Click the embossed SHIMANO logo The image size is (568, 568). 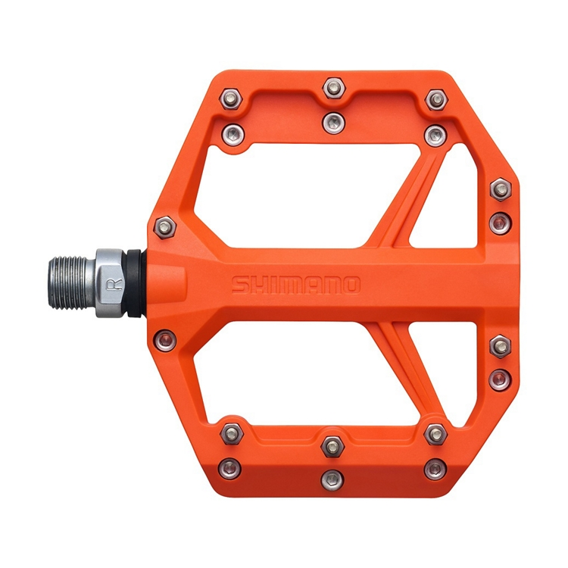click(x=295, y=285)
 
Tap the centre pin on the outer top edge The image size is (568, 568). click(x=332, y=87)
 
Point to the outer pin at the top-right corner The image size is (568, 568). click(x=434, y=99)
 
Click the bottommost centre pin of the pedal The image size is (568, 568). click(x=331, y=478)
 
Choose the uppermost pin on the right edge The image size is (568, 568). click(x=499, y=189)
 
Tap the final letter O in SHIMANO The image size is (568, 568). click(x=351, y=285)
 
